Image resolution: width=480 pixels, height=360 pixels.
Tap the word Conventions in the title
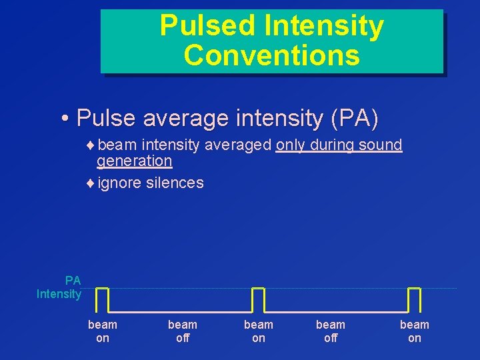click(272, 55)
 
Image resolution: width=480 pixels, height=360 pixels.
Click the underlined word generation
click(135, 161)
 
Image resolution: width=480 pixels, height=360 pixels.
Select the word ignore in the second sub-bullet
click(119, 182)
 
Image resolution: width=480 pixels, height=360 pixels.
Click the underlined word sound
click(381, 145)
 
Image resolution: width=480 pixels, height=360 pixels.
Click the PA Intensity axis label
click(59, 287)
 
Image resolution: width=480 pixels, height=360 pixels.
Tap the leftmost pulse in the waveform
click(102, 299)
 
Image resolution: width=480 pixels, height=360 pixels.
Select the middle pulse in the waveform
click(258, 299)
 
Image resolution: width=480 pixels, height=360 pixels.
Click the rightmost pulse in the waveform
click(414, 299)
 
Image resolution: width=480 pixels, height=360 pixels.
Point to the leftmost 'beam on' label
click(103, 331)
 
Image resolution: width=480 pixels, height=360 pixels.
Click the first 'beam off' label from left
click(183, 331)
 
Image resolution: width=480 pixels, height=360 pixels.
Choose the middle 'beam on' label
click(259, 331)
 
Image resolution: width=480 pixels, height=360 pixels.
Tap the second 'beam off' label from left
click(331, 331)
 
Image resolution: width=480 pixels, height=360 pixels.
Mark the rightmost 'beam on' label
click(415, 331)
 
